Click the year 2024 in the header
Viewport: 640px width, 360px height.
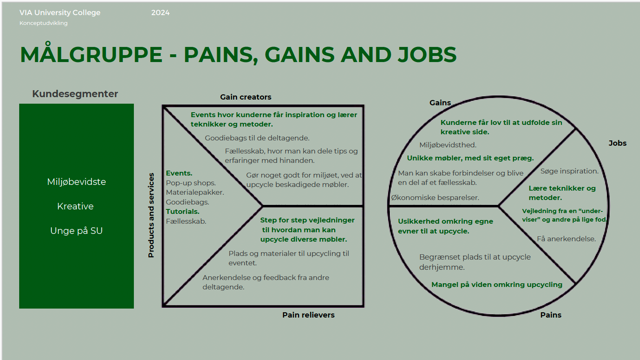[x=160, y=13]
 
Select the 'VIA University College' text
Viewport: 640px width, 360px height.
[x=60, y=13]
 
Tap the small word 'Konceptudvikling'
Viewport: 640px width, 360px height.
[x=44, y=23]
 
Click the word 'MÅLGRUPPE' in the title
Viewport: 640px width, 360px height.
[x=91, y=55]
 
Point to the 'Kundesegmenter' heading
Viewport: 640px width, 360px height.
[x=75, y=94]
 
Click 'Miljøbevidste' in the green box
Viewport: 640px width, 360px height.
[x=76, y=182]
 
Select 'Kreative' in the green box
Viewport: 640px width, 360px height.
[x=76, y=207]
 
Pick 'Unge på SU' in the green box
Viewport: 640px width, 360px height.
[x=76, y=231]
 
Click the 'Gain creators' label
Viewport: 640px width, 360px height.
[x=246, y=97]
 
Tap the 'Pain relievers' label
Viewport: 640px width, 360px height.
[x=308, y=315]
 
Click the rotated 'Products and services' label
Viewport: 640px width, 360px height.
[x=151, y=215]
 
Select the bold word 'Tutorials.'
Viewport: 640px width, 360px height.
[x=182, y=211]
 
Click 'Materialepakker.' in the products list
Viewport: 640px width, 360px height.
[x=195, y=192]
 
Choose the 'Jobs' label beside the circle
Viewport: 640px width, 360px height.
[x=617, y=143]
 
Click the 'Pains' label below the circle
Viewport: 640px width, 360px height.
[x=551, y=315]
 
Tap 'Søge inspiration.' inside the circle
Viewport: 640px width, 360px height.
[x=569, y=171]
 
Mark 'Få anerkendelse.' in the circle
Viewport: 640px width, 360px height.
[x=566, y=239]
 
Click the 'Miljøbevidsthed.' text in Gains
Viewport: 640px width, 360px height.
[x=448, y=145]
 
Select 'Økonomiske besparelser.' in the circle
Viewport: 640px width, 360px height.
[x=435, y=198]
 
